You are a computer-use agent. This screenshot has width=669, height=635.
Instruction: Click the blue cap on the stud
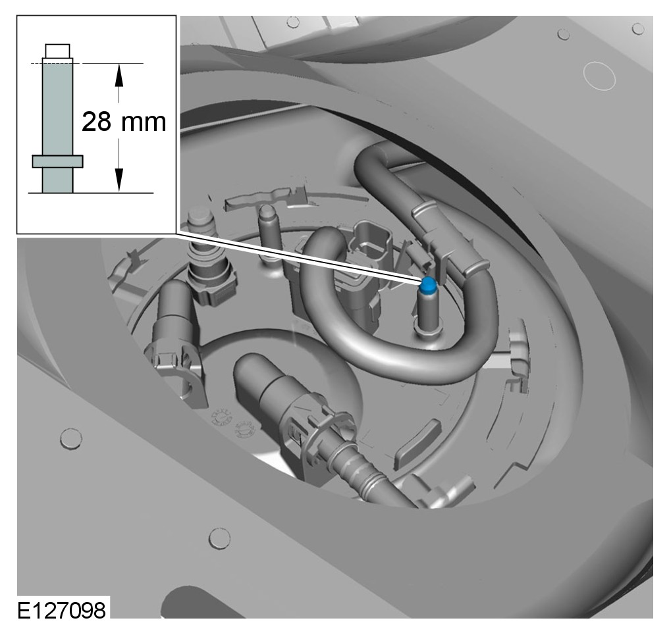point(427,286)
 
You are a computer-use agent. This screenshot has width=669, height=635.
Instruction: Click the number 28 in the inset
point(96,122)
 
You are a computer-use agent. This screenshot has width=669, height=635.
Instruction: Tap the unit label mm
point(144,124)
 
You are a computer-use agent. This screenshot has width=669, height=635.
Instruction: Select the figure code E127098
point(62,610)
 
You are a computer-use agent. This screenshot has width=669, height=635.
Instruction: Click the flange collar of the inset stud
point(57,161)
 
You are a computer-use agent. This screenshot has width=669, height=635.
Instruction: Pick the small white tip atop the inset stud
point(57,51)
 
